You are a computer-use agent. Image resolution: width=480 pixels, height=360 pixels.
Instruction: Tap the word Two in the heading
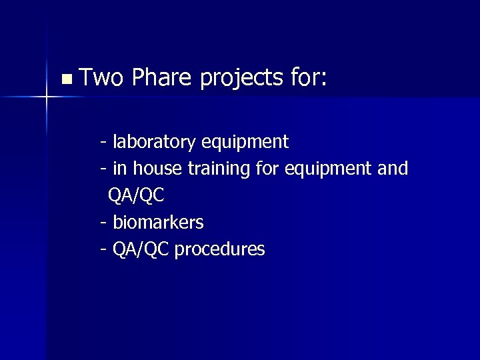[x=101, y=79]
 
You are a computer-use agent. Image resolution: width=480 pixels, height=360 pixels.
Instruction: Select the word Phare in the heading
[x=162, y=79]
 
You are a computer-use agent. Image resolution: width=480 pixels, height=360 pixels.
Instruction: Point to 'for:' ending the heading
[x=309, y=79]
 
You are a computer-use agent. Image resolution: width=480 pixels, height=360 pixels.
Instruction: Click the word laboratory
[x=154, y=142]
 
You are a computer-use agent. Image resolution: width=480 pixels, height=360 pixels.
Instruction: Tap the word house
[x=159, y=169]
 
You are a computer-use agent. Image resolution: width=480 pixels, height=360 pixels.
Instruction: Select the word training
[x=219, y=169]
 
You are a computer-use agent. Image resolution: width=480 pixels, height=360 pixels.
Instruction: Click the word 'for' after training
[x=268, y=169]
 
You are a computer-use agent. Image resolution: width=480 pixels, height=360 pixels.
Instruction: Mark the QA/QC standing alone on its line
[x=135, y=196]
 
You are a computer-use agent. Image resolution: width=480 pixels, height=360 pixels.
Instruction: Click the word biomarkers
[x=158, y=222]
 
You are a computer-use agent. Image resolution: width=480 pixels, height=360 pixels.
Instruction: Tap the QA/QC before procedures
[x=141, y=250]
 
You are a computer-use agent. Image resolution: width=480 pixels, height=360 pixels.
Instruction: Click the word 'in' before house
[x=120, y=169]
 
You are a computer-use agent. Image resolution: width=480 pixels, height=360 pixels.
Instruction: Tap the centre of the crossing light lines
[x=47, y=97]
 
